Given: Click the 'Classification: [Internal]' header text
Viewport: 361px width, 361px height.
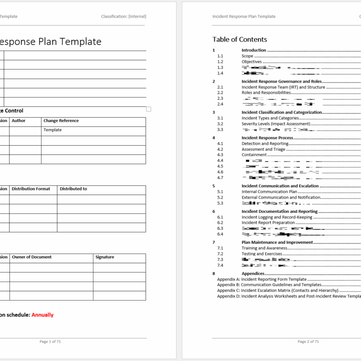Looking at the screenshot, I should (x=124, y=16).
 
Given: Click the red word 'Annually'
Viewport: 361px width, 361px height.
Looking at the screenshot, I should (x=42, y=315).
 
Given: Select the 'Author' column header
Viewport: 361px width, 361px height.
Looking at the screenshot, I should (x=19, y=120).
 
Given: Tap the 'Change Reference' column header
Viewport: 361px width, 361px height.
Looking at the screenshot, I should (x=61, y=120).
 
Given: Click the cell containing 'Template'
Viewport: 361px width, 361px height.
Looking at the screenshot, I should (x=52, y=130).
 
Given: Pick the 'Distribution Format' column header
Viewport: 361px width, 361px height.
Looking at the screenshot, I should (x=31, y=189).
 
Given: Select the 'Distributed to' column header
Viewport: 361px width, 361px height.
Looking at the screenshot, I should (x=73, y=189).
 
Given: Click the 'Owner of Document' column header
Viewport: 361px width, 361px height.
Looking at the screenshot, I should (x=32, y=257).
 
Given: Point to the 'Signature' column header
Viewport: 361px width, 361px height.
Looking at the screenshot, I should (x=105, y=257).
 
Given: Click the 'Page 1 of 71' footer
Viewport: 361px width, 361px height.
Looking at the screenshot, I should (x=50, y=342).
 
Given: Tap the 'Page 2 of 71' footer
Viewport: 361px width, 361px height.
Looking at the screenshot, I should (x=308, y=342).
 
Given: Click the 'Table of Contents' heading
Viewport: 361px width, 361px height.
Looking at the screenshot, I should (x=240, y=39).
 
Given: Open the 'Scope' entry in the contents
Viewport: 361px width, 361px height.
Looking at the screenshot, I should (x=247, y=56).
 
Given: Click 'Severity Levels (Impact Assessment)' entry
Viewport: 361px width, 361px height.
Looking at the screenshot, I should (x=276, y=124).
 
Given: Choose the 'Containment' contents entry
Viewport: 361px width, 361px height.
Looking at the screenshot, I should (x=254, y=155).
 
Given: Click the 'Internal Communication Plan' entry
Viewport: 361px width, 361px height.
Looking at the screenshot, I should (x=269, y=191).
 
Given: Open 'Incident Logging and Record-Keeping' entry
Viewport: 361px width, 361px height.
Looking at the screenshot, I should (x=277, y=217).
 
